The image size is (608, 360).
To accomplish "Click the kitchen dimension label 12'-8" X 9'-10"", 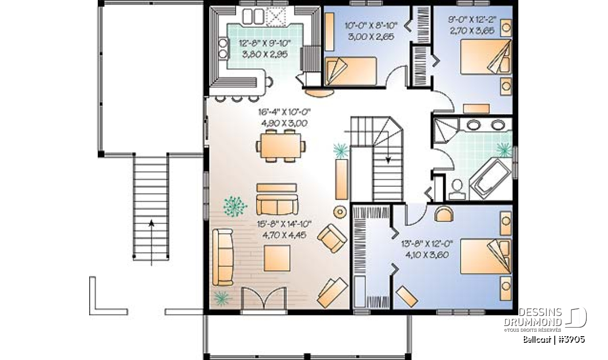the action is coord(264,43).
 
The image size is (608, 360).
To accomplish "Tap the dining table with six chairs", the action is coord(281,146).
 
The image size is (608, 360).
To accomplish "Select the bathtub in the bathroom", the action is coord(491,178).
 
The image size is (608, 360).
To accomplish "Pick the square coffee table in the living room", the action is coord(277,258).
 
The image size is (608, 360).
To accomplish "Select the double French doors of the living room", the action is coord(263,298).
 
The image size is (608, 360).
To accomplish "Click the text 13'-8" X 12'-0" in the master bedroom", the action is coord(427,244).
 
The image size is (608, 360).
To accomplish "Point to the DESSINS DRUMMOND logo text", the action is coord(534,317).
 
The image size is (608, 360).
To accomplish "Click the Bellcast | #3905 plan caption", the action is coord(554,339).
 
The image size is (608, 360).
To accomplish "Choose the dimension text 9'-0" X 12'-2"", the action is coord(472,20).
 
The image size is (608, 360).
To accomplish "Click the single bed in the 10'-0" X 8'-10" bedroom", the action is coord(351,71).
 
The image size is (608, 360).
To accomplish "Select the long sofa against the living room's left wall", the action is coord(223,257).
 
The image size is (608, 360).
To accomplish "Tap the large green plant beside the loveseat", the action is coord(235,206).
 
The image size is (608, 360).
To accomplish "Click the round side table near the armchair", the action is coord(340,212).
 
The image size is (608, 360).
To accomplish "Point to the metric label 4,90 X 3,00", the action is coord(284,124).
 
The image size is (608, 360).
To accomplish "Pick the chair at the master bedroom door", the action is coord(444,214).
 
